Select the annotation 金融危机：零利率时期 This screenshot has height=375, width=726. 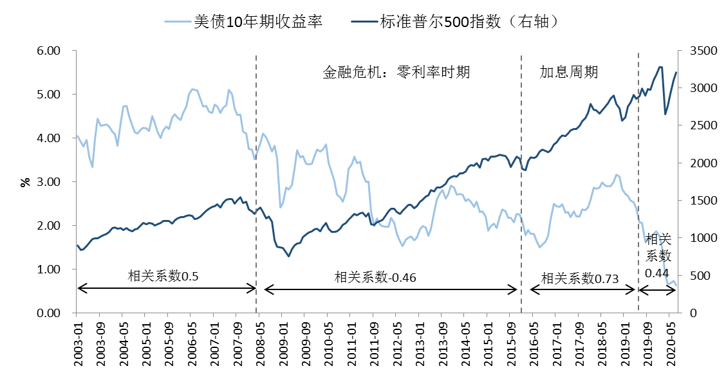pyautogui.click(x=396, y=72)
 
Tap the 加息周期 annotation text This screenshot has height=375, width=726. pyautogui.click(x=568, y=72)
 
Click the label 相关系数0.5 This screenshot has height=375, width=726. pyautogui.click(x=163, y=276)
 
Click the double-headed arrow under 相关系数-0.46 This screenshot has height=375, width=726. pyautogui.click(x=391, y=290)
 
